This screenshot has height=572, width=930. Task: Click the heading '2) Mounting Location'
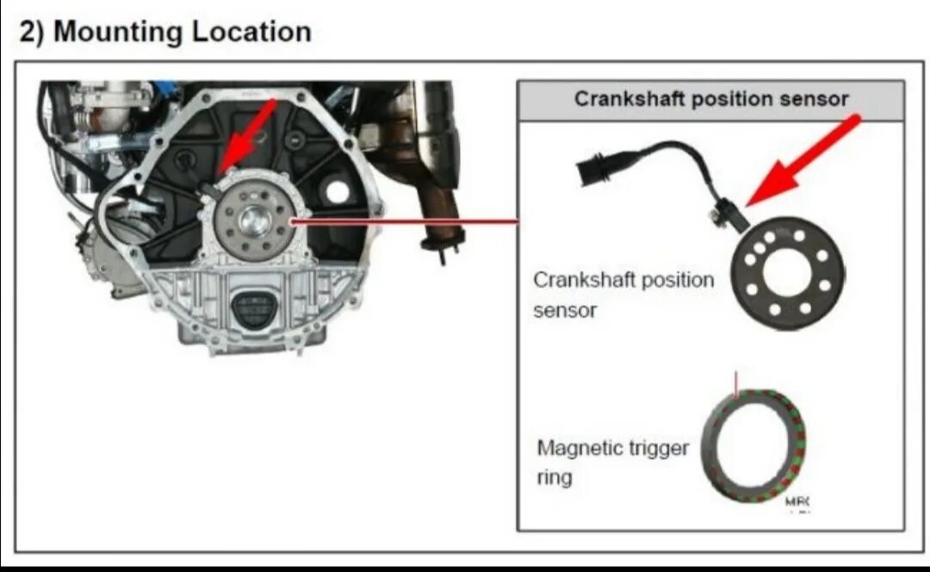(164, 33)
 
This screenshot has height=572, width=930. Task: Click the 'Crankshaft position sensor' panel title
(711, 99)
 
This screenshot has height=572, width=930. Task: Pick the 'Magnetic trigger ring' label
(612, 462)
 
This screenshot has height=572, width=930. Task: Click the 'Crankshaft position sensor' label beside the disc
(623, 295)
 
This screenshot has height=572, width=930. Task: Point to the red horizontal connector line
(405, 221)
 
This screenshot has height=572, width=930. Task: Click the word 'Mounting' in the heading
(118, 33)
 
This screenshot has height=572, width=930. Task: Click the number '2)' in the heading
(33, 33)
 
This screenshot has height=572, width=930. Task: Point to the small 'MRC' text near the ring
(797, 501)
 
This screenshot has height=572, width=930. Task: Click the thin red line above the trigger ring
(736, 382)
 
